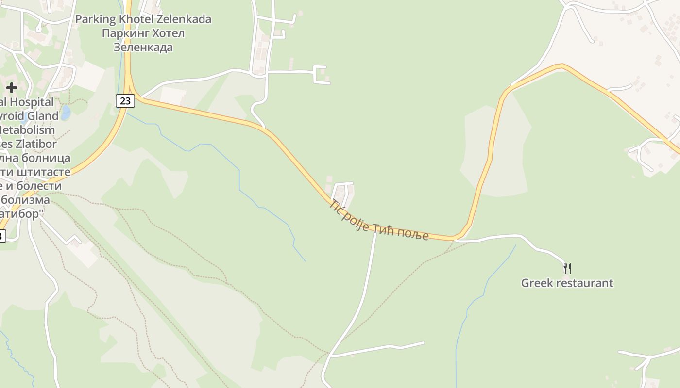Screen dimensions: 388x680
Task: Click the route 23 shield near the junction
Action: point(125,101)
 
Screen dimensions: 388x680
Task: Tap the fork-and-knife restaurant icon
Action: point(567,268)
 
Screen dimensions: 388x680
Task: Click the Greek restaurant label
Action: point(567,283)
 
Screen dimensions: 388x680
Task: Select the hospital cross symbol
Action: point(12,88)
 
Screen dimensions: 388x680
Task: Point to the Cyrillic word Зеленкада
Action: point(143,48)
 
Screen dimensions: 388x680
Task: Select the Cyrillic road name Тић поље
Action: point(401,231)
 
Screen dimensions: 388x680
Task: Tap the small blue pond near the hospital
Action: point(66,113)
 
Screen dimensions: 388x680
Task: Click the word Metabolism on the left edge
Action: point(27,130)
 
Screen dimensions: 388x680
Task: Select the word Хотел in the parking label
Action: point(166,33)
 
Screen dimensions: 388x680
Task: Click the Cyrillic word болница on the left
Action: point(49,158)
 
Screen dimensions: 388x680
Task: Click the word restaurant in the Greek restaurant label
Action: point(584,283)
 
